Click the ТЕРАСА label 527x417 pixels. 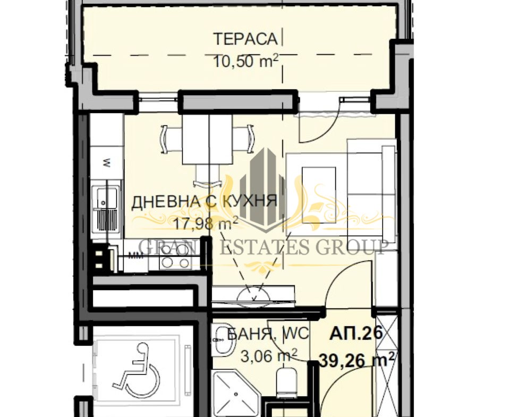(245, 39)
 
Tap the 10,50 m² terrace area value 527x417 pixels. (245, 61)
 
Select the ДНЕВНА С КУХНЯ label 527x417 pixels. (205, 202)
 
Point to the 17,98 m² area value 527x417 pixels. (206, 223)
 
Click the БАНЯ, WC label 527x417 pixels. (268, 334)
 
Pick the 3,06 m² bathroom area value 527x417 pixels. (269, 355)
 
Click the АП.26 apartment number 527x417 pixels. (356, 333)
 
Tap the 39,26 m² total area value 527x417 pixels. (357, 360)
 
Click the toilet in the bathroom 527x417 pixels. (286, 381)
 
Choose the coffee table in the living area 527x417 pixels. (319, 195)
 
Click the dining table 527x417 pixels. (207, 139)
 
